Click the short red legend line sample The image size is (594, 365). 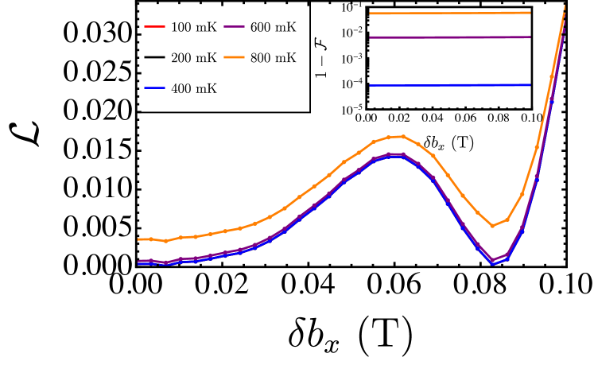[x=154, y=27]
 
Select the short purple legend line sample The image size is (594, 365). [x=234, y=27]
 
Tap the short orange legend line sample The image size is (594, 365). [x=234, y=57]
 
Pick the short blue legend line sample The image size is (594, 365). [x=154, y=87]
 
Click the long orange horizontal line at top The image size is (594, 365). [x=449, y=13]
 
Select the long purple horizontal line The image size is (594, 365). [x=449, y=37]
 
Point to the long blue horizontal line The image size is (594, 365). [x=449, y=85]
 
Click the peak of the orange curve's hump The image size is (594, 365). [x=402, y=136]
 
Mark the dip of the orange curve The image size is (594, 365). [x=492, y=226]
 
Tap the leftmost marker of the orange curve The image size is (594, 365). [x=139, y=239]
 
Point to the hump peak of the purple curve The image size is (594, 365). [x=395, y=153]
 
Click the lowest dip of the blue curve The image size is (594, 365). [x=492, y=263]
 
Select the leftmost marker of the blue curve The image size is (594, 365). [x=139, y=263]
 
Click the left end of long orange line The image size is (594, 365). [x=371, y=14]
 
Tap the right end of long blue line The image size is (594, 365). [x=530, y=85]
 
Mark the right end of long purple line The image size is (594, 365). [x=530, y=37]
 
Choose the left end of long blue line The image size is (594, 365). [x=371, y=85]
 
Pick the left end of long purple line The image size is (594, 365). [x=371, y=37]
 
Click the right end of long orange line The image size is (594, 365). [x=530, y=13]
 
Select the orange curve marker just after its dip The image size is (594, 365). [x=507, y=219]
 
